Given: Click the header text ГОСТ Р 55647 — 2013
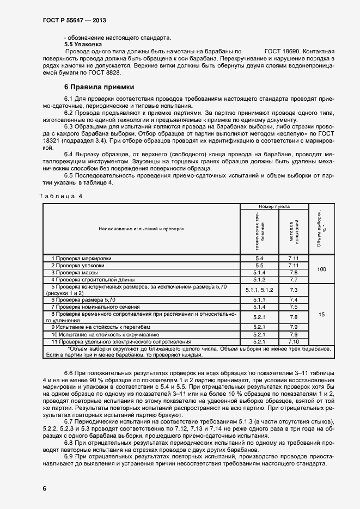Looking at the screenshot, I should click(74, 20).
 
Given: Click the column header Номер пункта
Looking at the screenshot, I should click(274, 207).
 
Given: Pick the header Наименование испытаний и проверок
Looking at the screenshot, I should click(142, 229).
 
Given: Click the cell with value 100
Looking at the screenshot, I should click(321, 269).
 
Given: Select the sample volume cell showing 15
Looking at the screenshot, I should click(321, 315).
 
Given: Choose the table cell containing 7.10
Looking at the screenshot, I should click(294, 341).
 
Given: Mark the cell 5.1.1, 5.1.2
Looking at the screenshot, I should click(259, 290).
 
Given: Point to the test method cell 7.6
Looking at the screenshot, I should click(294, 272).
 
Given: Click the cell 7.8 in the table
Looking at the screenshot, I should click(294, 317).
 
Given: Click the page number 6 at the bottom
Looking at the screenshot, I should click(44, 488).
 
